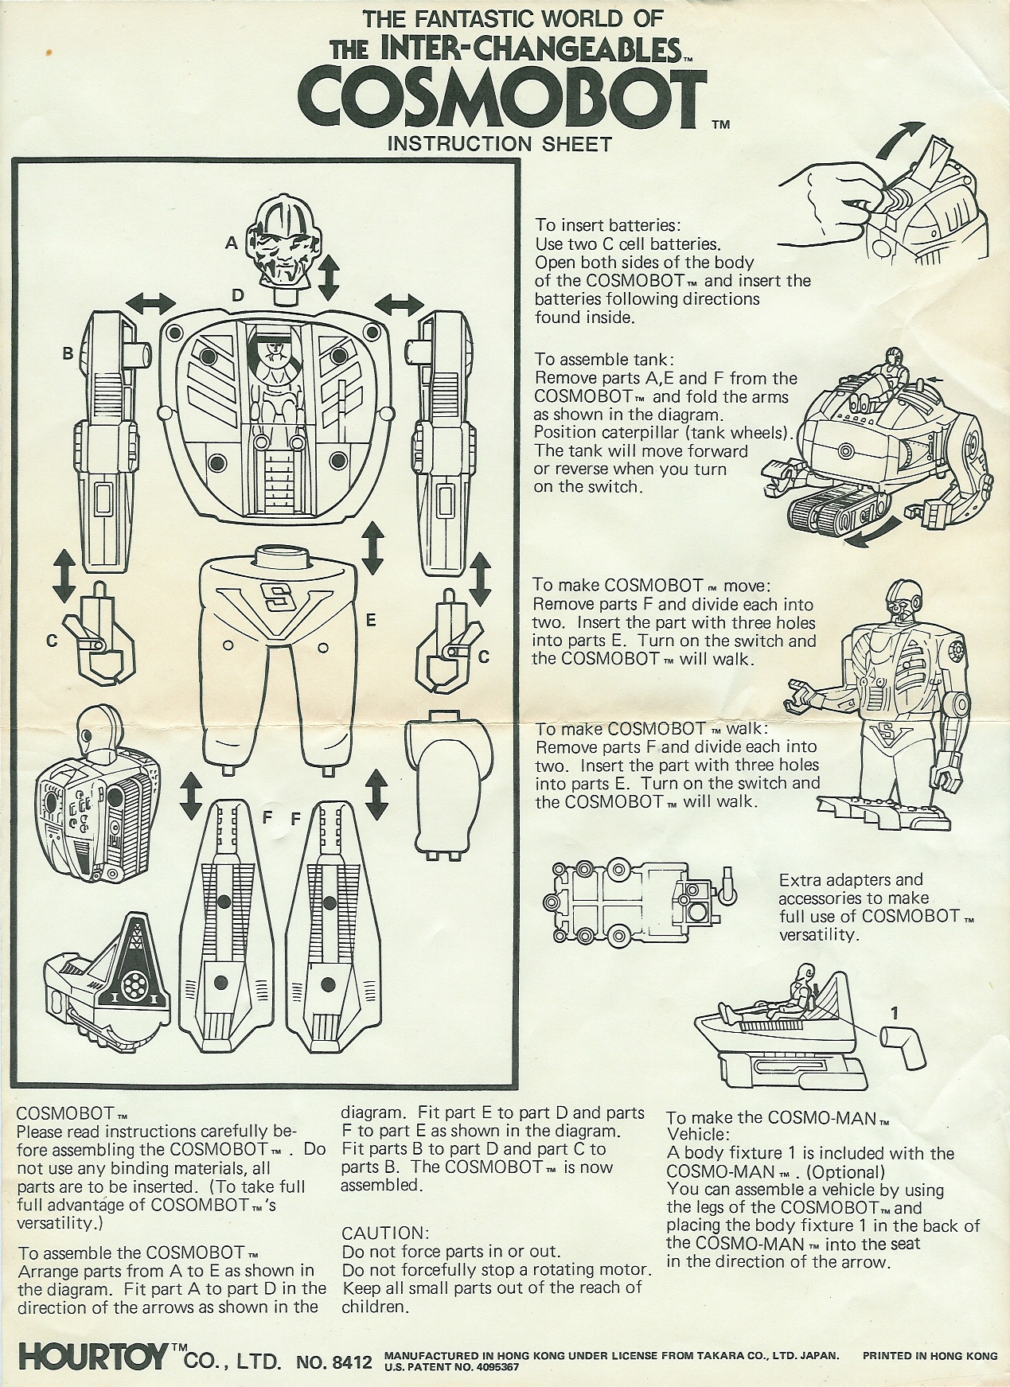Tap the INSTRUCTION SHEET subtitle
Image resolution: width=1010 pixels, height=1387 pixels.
[x=498, y=144]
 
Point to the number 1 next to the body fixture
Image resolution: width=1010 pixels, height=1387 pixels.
[x=895, y=1013]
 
